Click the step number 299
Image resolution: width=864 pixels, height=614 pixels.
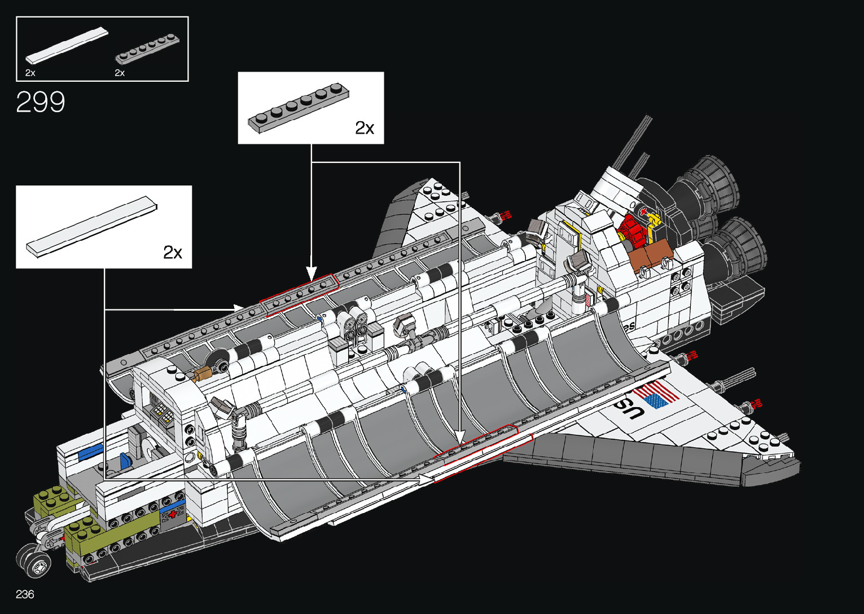pos(41,101)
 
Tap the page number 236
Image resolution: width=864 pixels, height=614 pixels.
pos(25,594)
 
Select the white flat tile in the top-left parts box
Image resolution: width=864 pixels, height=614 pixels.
pos(67,46)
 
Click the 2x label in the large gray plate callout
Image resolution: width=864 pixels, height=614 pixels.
pos(365,128)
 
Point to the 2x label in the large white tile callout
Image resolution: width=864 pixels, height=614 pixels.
pos(173,253)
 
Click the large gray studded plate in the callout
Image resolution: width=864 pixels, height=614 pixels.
pos(299,108)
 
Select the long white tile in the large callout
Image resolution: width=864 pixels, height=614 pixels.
pos(92,227)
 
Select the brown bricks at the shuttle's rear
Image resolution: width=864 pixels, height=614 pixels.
pos(651,253)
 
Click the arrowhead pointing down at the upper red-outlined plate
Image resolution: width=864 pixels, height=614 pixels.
pos(312,273)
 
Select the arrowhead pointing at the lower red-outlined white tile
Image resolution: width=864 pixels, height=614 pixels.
pos(426,479)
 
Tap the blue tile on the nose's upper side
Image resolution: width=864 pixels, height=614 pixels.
pos(91,451)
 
